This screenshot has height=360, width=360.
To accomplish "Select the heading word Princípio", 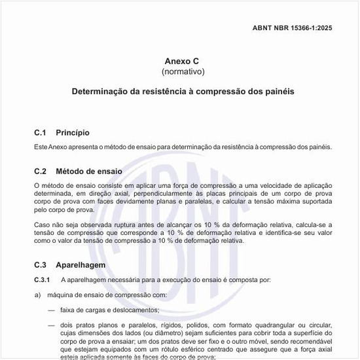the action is coord(73,133).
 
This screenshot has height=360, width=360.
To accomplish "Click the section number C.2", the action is coord(41,171).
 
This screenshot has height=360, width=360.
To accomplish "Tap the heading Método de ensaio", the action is coord(89,171).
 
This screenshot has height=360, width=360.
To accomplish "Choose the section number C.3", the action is coord(41,265).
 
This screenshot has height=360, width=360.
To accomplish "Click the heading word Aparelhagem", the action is coord(81,265).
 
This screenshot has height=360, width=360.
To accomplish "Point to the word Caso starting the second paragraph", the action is coord(42,225).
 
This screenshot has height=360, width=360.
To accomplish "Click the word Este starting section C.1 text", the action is coord(42,147).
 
